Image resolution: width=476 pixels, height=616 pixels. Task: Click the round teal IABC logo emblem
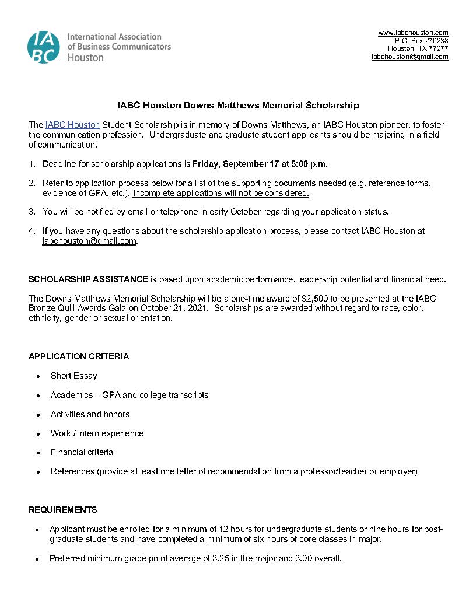(43, 47)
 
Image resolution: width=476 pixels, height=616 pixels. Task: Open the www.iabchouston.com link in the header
(413, 33)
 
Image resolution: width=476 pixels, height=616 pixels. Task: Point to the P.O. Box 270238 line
(421, 41)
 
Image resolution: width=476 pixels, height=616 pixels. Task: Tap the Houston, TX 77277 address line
(418, 49)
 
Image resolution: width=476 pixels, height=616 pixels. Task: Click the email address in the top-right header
(409, 57)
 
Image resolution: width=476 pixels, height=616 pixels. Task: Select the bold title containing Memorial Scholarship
(238, 106)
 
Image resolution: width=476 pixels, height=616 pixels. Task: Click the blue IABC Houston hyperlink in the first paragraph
(72, 125)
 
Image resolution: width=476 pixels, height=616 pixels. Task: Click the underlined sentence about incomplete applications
(220, 193)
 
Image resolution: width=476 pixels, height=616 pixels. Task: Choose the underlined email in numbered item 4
(89, 241)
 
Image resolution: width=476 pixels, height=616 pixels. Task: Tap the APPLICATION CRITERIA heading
(79, 356)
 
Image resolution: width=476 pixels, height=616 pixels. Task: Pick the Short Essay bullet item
(73, 376)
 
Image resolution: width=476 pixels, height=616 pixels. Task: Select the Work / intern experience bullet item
(97, 433)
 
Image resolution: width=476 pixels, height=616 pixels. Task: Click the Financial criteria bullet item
(82, 452)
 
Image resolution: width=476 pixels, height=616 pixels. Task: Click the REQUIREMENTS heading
(63, 510)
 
